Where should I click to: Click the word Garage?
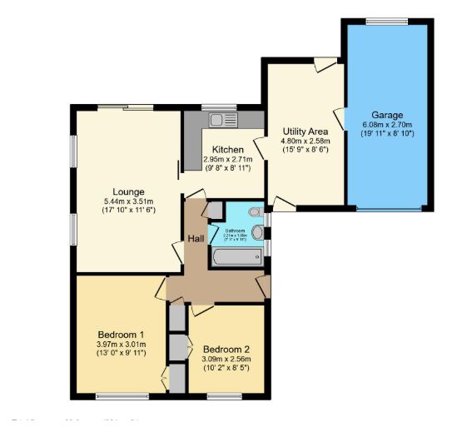(387, 115)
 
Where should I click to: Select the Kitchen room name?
(227, 149)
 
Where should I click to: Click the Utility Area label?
(305, 132)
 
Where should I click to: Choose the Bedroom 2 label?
(226, 349)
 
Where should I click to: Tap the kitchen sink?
(222, 119)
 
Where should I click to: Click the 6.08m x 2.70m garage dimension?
(387, 125)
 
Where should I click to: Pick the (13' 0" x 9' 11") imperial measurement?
(122, 353)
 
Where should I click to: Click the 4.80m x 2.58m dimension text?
(305, 142)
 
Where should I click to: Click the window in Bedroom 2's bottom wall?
(225, 395)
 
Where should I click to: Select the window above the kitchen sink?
(219, 107)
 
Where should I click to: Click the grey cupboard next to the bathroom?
(214, 210)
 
